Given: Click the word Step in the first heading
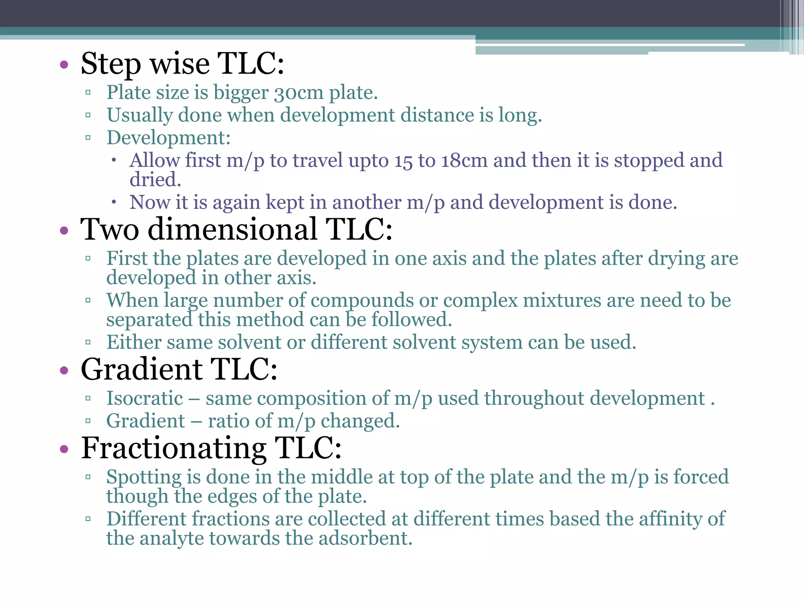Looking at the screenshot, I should tap(110, 64).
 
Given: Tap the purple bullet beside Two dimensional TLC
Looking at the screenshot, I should tap(64, 230).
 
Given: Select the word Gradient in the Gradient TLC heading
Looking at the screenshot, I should tap(142, 370).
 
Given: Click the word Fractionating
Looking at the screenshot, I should tap(174, 449).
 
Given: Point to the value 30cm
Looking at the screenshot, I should tap(298, 93).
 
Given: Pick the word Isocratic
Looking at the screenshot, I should tap(145, 398).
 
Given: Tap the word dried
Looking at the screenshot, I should tap(155, 180).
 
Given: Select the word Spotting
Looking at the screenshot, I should tap(144, 477).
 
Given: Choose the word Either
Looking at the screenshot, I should tap(133, 342).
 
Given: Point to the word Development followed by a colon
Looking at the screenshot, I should tap(168, 138).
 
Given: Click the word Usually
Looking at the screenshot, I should tap(140, 116).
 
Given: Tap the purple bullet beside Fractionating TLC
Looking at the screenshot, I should tap(64, 449).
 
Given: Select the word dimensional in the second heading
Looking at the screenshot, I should tap(232, 230).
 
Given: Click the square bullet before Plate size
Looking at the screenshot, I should tap(88, 93).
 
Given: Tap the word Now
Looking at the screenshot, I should tap(150, 203).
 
